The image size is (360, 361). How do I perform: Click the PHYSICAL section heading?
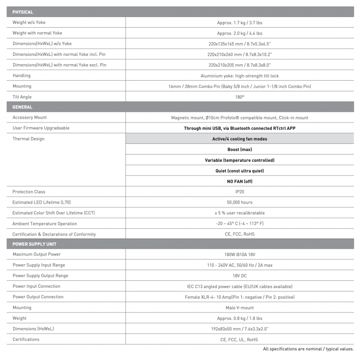(22, 12)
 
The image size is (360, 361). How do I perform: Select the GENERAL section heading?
(22, 107)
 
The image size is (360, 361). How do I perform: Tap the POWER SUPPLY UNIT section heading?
(34, 244)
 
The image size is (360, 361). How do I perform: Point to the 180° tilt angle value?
(239, 97)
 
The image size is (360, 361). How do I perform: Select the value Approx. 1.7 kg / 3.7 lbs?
(239, 23)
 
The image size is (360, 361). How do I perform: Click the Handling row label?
(21, 76)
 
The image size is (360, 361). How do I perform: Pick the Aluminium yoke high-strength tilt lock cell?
(239, 76)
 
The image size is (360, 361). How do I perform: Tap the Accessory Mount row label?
(30, 118)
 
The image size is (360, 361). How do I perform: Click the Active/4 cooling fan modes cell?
(239, 139)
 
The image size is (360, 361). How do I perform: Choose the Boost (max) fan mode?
(239, 150)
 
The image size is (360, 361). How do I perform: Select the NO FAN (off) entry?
(239, 181)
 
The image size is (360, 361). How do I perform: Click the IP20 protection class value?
(239, 192)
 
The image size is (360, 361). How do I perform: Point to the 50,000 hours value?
(239, 202)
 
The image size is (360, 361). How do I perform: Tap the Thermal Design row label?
(28, 139)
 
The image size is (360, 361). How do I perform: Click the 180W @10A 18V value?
(239, 255)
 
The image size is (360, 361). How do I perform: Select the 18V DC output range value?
(239, 275)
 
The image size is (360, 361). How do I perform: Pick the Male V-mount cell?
(239, 308)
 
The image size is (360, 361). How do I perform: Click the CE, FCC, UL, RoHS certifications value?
(239, 339)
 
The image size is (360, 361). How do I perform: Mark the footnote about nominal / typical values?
(308, 349)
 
